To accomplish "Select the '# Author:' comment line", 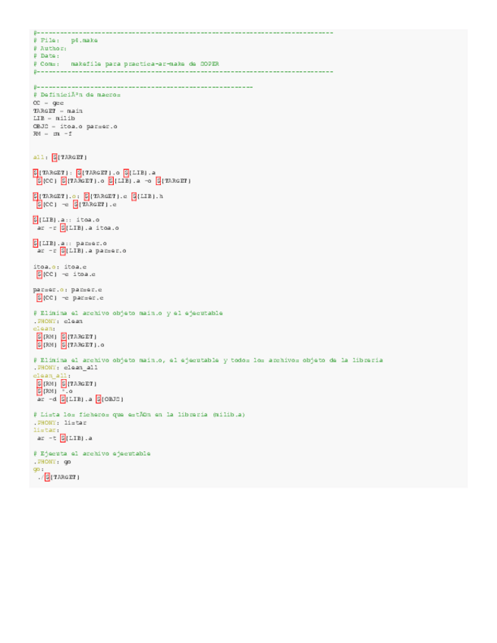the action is click(x=50, y=48).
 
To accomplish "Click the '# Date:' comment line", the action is click(x=46, y=55).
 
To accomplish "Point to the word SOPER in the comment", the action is click(x=208, y=64).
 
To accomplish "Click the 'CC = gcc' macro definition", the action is click(x=48, y=102).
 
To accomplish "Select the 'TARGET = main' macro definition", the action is click(x=58, y=110).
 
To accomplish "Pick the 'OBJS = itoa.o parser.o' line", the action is click(x=75, y=126).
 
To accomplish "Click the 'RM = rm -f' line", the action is click(x=52, y=133).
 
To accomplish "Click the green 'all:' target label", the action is click(x=41, y=157).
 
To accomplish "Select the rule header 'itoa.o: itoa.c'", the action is click(x=60, y=266).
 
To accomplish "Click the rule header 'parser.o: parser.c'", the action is click(x=68, y=290).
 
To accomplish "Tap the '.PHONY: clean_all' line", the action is click(x=65, y=367).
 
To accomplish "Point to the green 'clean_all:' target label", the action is click(x=52, y=375).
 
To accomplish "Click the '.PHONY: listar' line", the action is click(x=60, y=422).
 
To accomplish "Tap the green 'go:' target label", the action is click(x=39, y=469).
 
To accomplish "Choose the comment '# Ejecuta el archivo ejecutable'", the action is click(x=92, y=453).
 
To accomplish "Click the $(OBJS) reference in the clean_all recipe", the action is click(x=111, y=398).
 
